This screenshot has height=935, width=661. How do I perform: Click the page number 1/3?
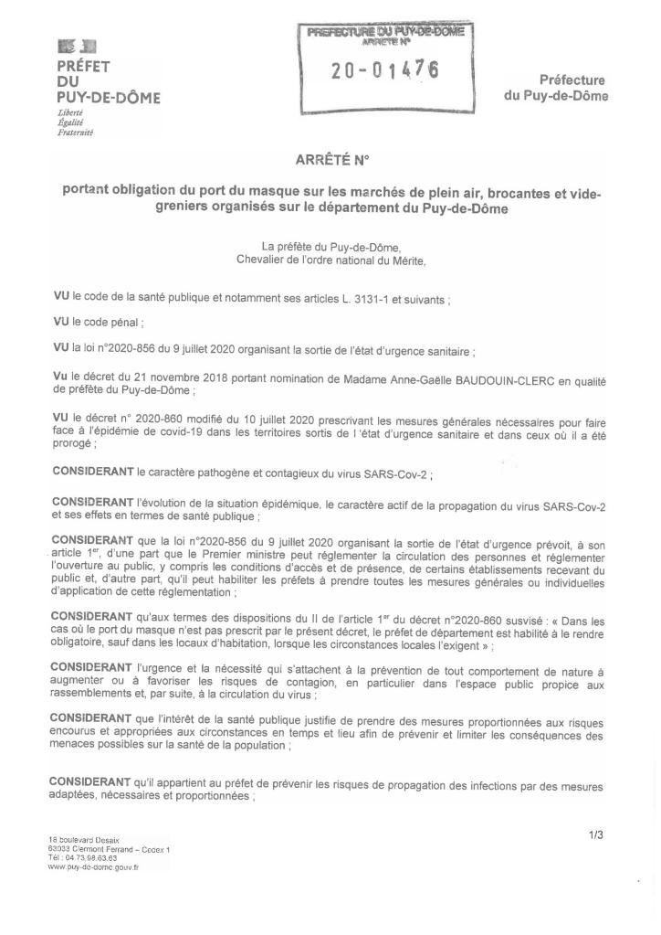point(595,834)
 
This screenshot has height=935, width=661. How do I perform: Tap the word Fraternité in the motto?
point(76,132)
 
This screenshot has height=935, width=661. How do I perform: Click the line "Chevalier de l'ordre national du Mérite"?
point(330,259)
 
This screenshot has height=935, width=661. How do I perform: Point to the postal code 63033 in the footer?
point(60,849)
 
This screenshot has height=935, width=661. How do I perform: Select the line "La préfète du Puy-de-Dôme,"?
point(330,246)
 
